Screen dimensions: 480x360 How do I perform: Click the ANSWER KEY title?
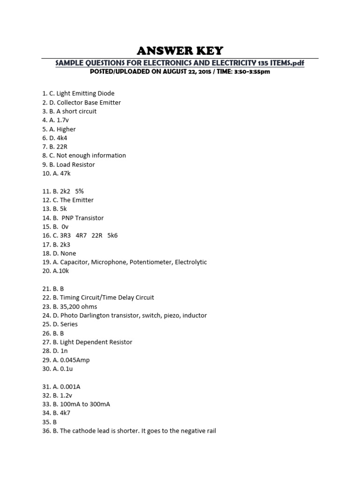[180, 51]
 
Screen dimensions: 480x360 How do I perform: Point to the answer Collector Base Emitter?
[89, 103]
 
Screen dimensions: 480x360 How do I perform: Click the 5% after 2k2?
[79, 191]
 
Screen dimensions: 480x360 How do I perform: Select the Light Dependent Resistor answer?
[96, 342]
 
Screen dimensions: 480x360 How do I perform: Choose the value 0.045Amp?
[73, 360]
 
